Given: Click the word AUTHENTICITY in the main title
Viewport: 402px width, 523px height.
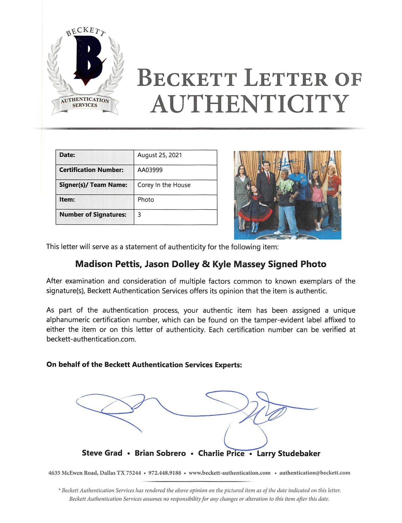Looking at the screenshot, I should (x=250, y=104).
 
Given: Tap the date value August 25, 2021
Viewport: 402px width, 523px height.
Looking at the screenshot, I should (x=160, y=155).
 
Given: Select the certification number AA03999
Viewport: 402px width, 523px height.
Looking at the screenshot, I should (x=150, y=170).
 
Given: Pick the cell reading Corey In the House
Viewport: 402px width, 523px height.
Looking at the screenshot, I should (x=164, y=185).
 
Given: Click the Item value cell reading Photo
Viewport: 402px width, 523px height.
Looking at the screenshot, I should (x=146, y=200).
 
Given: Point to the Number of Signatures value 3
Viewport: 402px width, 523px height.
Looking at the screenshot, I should (x=139, y=215).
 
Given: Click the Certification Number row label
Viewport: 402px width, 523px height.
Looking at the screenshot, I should (x=91, y=170).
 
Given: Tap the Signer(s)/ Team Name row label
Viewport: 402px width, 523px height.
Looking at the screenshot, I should (x=93, y=185).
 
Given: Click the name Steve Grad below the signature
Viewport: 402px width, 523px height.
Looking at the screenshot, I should (x=102, y=453).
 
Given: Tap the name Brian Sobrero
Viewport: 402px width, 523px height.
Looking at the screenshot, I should (x=160, y=453).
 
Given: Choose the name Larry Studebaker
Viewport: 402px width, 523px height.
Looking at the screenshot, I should (x=288, y=453).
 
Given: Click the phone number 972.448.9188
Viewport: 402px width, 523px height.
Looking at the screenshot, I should (x=165, y=473).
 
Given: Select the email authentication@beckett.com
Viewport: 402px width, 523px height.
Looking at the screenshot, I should (x=315, y=473).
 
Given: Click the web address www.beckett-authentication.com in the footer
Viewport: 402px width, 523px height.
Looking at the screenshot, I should (x=229, y=473).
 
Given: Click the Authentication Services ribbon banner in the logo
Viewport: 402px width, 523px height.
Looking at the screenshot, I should (x=85, y=102).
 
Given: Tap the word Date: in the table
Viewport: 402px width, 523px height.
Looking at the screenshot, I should (x=67, y=155).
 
